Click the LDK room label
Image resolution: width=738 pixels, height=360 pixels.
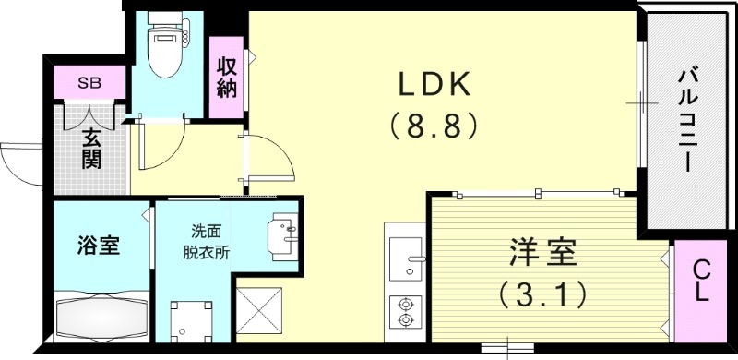tap(434, 85)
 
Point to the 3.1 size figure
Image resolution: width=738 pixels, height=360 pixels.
tap(543, 295)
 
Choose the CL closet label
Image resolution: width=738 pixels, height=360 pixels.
tap(700, 281)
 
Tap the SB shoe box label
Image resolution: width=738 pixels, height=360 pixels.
tap(89, 82)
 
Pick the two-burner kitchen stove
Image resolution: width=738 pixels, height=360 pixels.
tap(405, 311)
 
